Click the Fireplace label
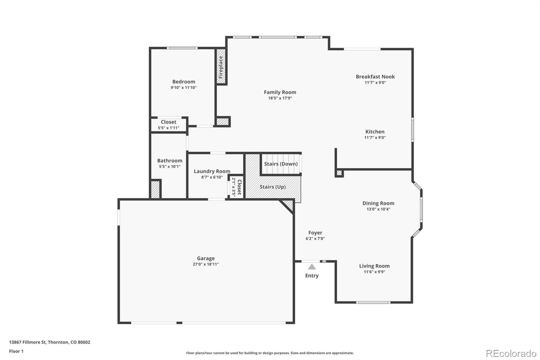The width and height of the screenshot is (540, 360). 221,67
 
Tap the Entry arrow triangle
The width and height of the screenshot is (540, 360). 312,267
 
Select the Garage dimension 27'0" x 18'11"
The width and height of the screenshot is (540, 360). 206,264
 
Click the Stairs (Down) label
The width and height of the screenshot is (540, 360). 281,164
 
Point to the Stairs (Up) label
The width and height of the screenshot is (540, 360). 273,187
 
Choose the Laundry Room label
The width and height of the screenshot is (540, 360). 212,171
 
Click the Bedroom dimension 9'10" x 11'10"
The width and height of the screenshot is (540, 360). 184,87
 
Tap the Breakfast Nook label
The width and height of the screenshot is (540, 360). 375,77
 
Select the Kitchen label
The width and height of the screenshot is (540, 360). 375,132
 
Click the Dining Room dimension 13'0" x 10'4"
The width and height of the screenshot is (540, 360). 378,209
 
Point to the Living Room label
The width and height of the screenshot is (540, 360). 374,266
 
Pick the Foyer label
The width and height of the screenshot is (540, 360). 315,233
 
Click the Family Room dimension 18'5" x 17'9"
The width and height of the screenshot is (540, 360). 280,98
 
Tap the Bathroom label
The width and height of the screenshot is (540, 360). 169,161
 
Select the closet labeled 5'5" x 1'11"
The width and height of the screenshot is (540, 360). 168,125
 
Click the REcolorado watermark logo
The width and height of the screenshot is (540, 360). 511,354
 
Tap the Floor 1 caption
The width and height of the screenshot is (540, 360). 16,351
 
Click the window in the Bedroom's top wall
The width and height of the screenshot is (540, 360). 183,48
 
